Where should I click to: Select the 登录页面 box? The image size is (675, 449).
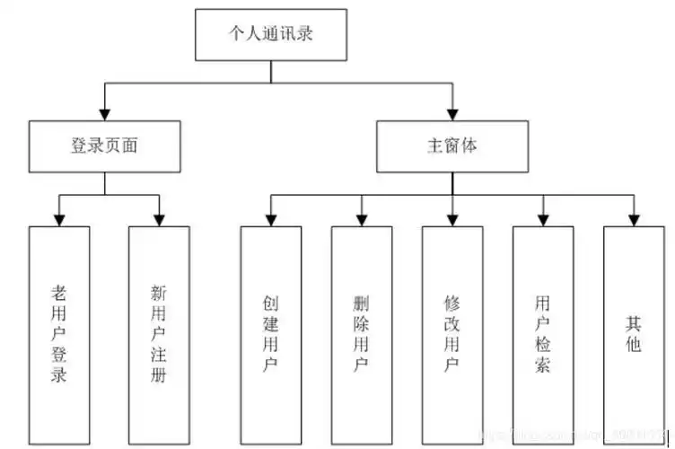click(x=104, y=146)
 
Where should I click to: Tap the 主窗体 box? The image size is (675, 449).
click(x=451, y=146)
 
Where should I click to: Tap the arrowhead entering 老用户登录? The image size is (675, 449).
click(x=59, y=218)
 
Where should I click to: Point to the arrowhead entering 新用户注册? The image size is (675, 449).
click(x=159, y=218)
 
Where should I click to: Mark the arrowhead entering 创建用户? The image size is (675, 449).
click(x=270, y=218)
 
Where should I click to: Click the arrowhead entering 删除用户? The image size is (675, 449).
click(x=361, y=218)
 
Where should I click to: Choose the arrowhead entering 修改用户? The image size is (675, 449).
click(x=452, y=218)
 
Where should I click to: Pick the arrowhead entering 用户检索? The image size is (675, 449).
click(x=542, y=218)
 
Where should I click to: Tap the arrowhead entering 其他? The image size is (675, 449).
click(x=634, y=218)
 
